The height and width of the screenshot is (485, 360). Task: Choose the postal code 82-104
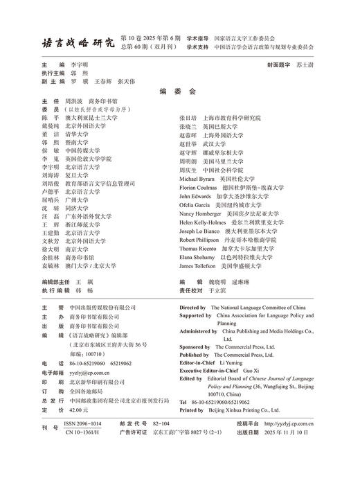point(161,423)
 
